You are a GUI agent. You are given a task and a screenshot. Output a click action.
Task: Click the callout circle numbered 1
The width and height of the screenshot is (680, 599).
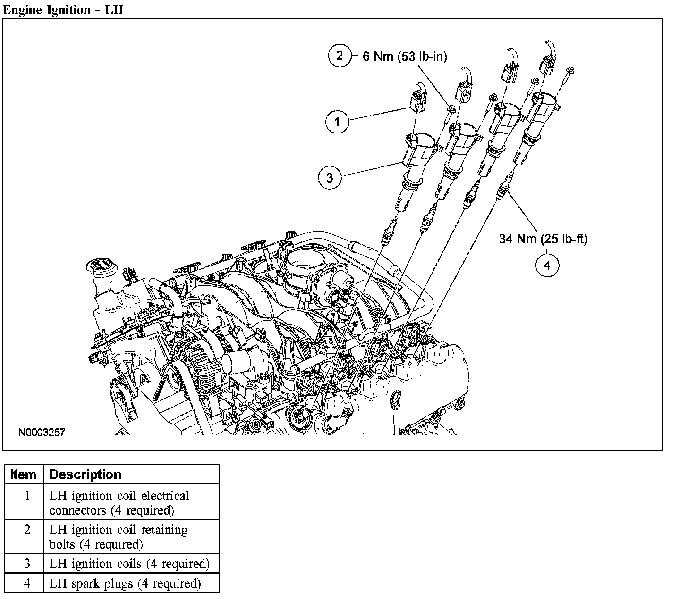[337, 121]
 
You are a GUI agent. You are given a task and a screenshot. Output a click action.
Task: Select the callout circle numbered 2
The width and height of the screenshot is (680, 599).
[340, 56]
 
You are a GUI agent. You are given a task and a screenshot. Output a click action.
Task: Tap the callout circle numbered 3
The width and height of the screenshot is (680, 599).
[330, 177]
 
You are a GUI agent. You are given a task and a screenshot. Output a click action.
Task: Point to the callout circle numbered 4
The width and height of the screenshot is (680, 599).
[547, 266]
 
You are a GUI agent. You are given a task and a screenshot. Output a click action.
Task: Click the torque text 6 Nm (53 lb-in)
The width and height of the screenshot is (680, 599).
[405, 56]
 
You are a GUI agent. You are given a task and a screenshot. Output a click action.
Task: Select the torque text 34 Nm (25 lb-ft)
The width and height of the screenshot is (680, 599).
[543, 239]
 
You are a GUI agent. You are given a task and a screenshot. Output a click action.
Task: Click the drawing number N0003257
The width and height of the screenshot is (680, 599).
[42, 432]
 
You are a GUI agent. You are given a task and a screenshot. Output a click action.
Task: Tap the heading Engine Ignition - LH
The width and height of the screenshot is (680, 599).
[63, 9]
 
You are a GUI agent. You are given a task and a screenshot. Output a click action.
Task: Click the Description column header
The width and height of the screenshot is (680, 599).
[85, 474]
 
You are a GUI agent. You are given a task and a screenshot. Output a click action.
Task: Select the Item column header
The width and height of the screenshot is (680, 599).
[24, 474]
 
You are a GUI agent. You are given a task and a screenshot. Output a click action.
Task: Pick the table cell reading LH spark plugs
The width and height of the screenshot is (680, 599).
[125, 583]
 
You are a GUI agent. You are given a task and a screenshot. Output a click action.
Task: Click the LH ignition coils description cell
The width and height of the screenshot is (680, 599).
[129, 564]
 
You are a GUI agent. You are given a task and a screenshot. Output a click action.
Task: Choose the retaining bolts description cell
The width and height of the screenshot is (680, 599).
[119, 537]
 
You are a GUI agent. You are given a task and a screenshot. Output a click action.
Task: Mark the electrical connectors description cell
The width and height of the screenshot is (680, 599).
[119, 503]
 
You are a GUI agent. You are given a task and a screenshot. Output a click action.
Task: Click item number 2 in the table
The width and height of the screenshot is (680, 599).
[27, 530]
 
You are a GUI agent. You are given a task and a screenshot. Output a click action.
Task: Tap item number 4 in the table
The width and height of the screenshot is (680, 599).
[27, 583]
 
